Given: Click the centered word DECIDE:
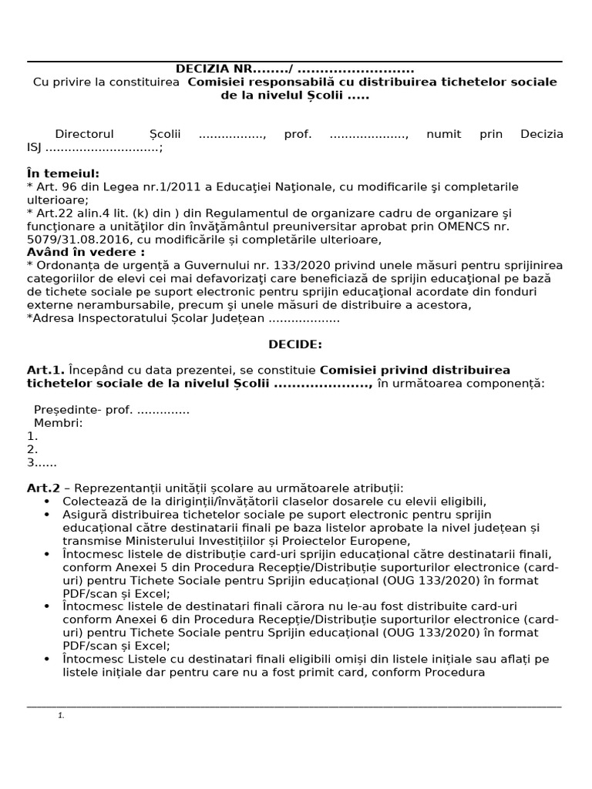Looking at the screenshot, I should [x=295, y=344].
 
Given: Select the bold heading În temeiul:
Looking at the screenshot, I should [x=63, y=173].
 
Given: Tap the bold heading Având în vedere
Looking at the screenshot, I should [x=86, y=252].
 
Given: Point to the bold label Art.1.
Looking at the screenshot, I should [x=45, y=370].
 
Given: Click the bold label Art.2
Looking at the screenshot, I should [x=43, y=488].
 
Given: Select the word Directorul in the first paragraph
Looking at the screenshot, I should [x=85, y=134].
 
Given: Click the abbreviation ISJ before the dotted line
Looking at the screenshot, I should [x=35, y=147].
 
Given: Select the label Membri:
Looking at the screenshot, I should [x=58, y=422].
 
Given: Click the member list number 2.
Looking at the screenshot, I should [x=32, y=448].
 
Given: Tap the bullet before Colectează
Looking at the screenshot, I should [x=50, y=501].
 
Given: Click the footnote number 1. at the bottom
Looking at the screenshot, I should [x=61, y=716].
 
